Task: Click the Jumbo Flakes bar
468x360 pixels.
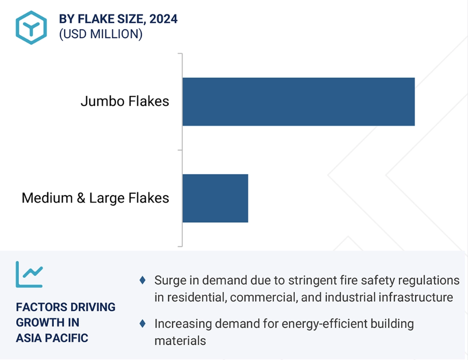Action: point(298,102)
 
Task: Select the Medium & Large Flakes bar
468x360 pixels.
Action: point(215,199)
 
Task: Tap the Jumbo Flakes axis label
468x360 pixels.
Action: point(125,101)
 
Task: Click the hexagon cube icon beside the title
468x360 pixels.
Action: point(32,27)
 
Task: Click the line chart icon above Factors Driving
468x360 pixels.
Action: point(29,274)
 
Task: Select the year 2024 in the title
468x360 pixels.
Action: point(163,19)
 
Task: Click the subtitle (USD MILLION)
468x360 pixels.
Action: point(101,34)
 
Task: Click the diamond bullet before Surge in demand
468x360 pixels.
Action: point(143,280)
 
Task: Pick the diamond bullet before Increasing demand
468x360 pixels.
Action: point(143,323)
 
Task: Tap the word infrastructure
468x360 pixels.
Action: point(416,298)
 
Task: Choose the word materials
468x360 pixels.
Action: point(180,341)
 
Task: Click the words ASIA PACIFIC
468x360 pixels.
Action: point(52,338)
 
